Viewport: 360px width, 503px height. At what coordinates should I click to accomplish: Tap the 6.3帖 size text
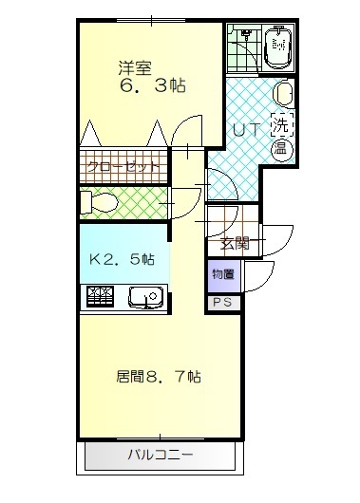coord(152,86)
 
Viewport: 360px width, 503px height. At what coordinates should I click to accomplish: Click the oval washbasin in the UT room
coord(282,96)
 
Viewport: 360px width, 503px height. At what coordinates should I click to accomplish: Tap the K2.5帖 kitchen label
coord(122,258)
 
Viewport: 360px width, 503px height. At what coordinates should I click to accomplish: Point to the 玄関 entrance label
coord(236,243)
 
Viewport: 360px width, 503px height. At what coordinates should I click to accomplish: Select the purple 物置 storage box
coord(223,275)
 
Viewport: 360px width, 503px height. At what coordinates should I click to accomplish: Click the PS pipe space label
coord(223,303)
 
